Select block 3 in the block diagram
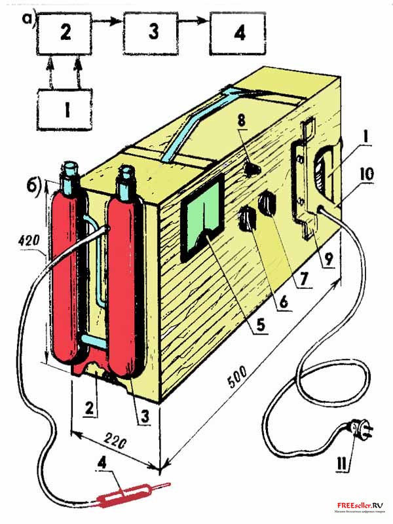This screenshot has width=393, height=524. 152,34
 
